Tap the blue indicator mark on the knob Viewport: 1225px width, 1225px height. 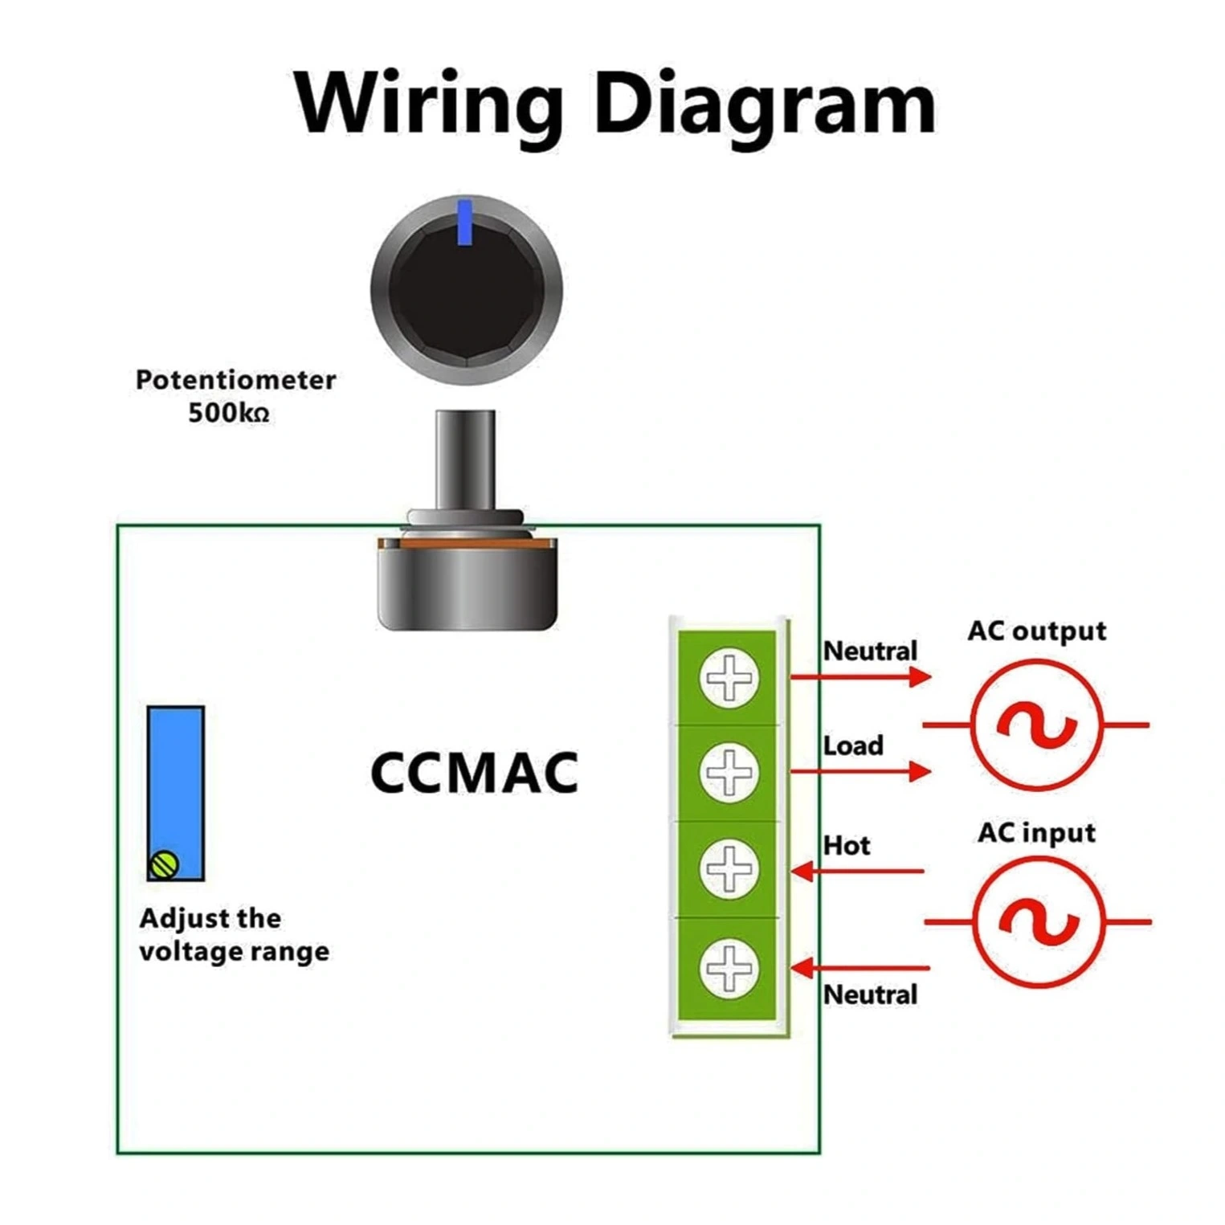464,223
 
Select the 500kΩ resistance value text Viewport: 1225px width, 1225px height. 228,413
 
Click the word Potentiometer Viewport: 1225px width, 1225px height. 235,380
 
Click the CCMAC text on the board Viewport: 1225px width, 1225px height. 474,773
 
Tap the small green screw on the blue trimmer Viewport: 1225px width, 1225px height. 165,864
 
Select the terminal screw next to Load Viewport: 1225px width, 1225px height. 729,772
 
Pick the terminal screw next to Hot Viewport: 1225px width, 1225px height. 729,868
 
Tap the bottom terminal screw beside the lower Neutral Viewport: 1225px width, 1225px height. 729,967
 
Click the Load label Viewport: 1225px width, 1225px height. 853,745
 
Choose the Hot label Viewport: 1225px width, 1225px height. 847,845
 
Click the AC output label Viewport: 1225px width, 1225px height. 1036,631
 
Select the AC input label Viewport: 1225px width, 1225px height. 1036,833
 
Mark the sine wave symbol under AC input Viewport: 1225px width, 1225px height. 1038,922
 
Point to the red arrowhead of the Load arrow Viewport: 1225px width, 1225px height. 920,772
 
